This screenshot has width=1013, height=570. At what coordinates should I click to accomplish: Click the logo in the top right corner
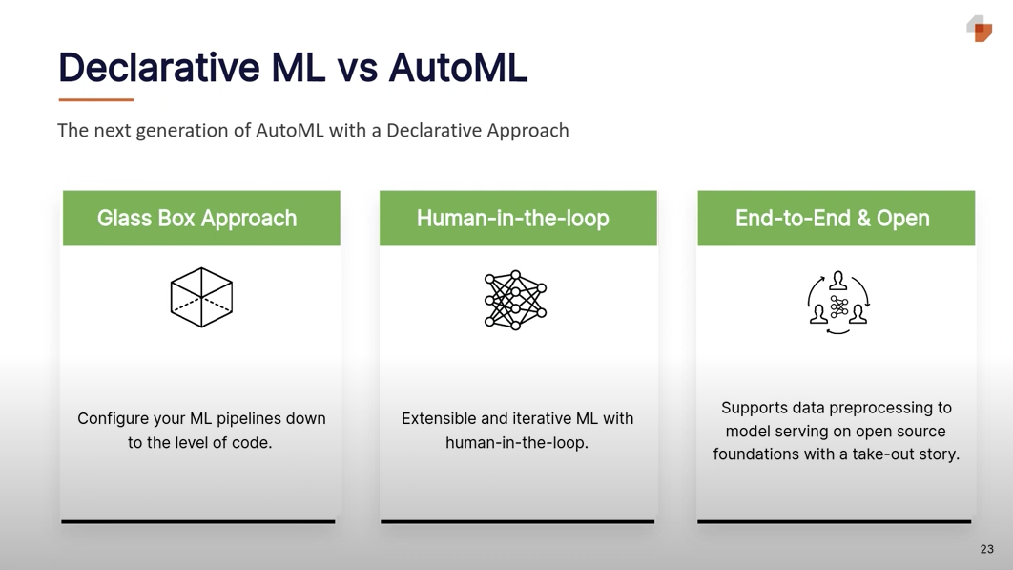[980, 29]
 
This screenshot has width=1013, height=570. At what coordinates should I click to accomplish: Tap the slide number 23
[986, 549]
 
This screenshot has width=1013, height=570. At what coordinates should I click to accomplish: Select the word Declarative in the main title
[157, 68]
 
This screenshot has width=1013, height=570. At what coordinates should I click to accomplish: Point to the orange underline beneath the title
[96, 99]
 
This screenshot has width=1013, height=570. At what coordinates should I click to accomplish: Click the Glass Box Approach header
[197, 218]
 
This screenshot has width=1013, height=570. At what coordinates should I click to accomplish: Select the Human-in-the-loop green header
[513, 218]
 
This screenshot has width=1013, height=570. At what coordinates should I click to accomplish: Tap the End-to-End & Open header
[833, 218]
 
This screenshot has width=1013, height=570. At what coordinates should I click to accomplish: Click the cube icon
[201, 297]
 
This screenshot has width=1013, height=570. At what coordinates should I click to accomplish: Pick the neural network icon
[515, 300]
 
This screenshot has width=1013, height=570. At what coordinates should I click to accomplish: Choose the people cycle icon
[838, 302]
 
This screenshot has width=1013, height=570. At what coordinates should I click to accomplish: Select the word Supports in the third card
[754, 408]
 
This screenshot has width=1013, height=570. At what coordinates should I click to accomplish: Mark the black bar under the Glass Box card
[198, 521]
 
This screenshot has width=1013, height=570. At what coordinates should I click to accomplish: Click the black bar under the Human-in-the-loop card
[517, 521]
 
